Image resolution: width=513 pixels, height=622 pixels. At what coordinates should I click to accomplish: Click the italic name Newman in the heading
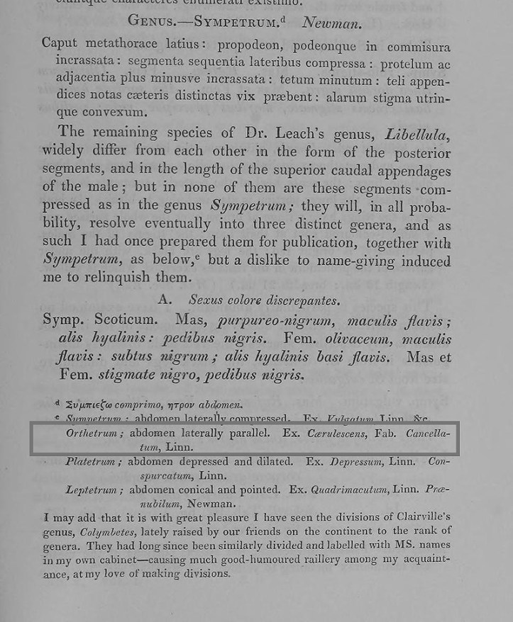pyautogui.click(x=331, y=21)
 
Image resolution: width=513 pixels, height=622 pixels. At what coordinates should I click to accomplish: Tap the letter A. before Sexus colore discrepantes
pyautogui.click(x=165, y=300)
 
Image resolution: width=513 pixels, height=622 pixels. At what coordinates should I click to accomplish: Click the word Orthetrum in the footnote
pyautogui.click(x=91, y=433)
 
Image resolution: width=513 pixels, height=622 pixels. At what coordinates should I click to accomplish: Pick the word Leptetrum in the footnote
pyautogui.click(x=91, y=490)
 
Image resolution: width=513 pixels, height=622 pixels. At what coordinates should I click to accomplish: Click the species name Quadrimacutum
pyautogui.click(x=348, y=490)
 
